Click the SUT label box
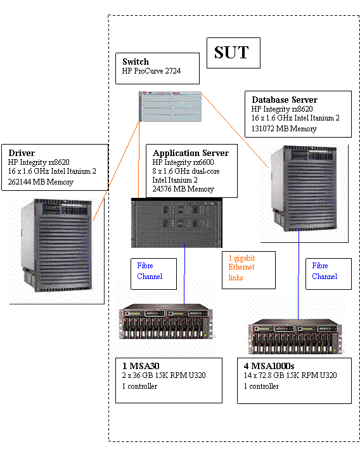point(233,53)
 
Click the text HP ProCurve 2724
point(151,71)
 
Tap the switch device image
point(170,107)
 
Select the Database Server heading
point(285,100)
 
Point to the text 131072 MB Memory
point(284,129)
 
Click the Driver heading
point(22,153)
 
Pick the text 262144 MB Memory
point(41,182)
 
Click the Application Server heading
point(191,153)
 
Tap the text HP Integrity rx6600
point(183,162)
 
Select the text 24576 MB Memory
point(183,189)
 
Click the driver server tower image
point(56,245)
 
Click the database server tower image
point(304,188)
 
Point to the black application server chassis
point(177,223)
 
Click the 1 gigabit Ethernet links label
point(241,268)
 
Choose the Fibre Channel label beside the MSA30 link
point(150,271)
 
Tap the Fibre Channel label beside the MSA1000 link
point(325,271)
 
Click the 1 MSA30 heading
point(141,366)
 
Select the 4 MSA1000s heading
point(269,366)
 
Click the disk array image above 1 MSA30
point(166,322)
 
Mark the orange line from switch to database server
point(235,130)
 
